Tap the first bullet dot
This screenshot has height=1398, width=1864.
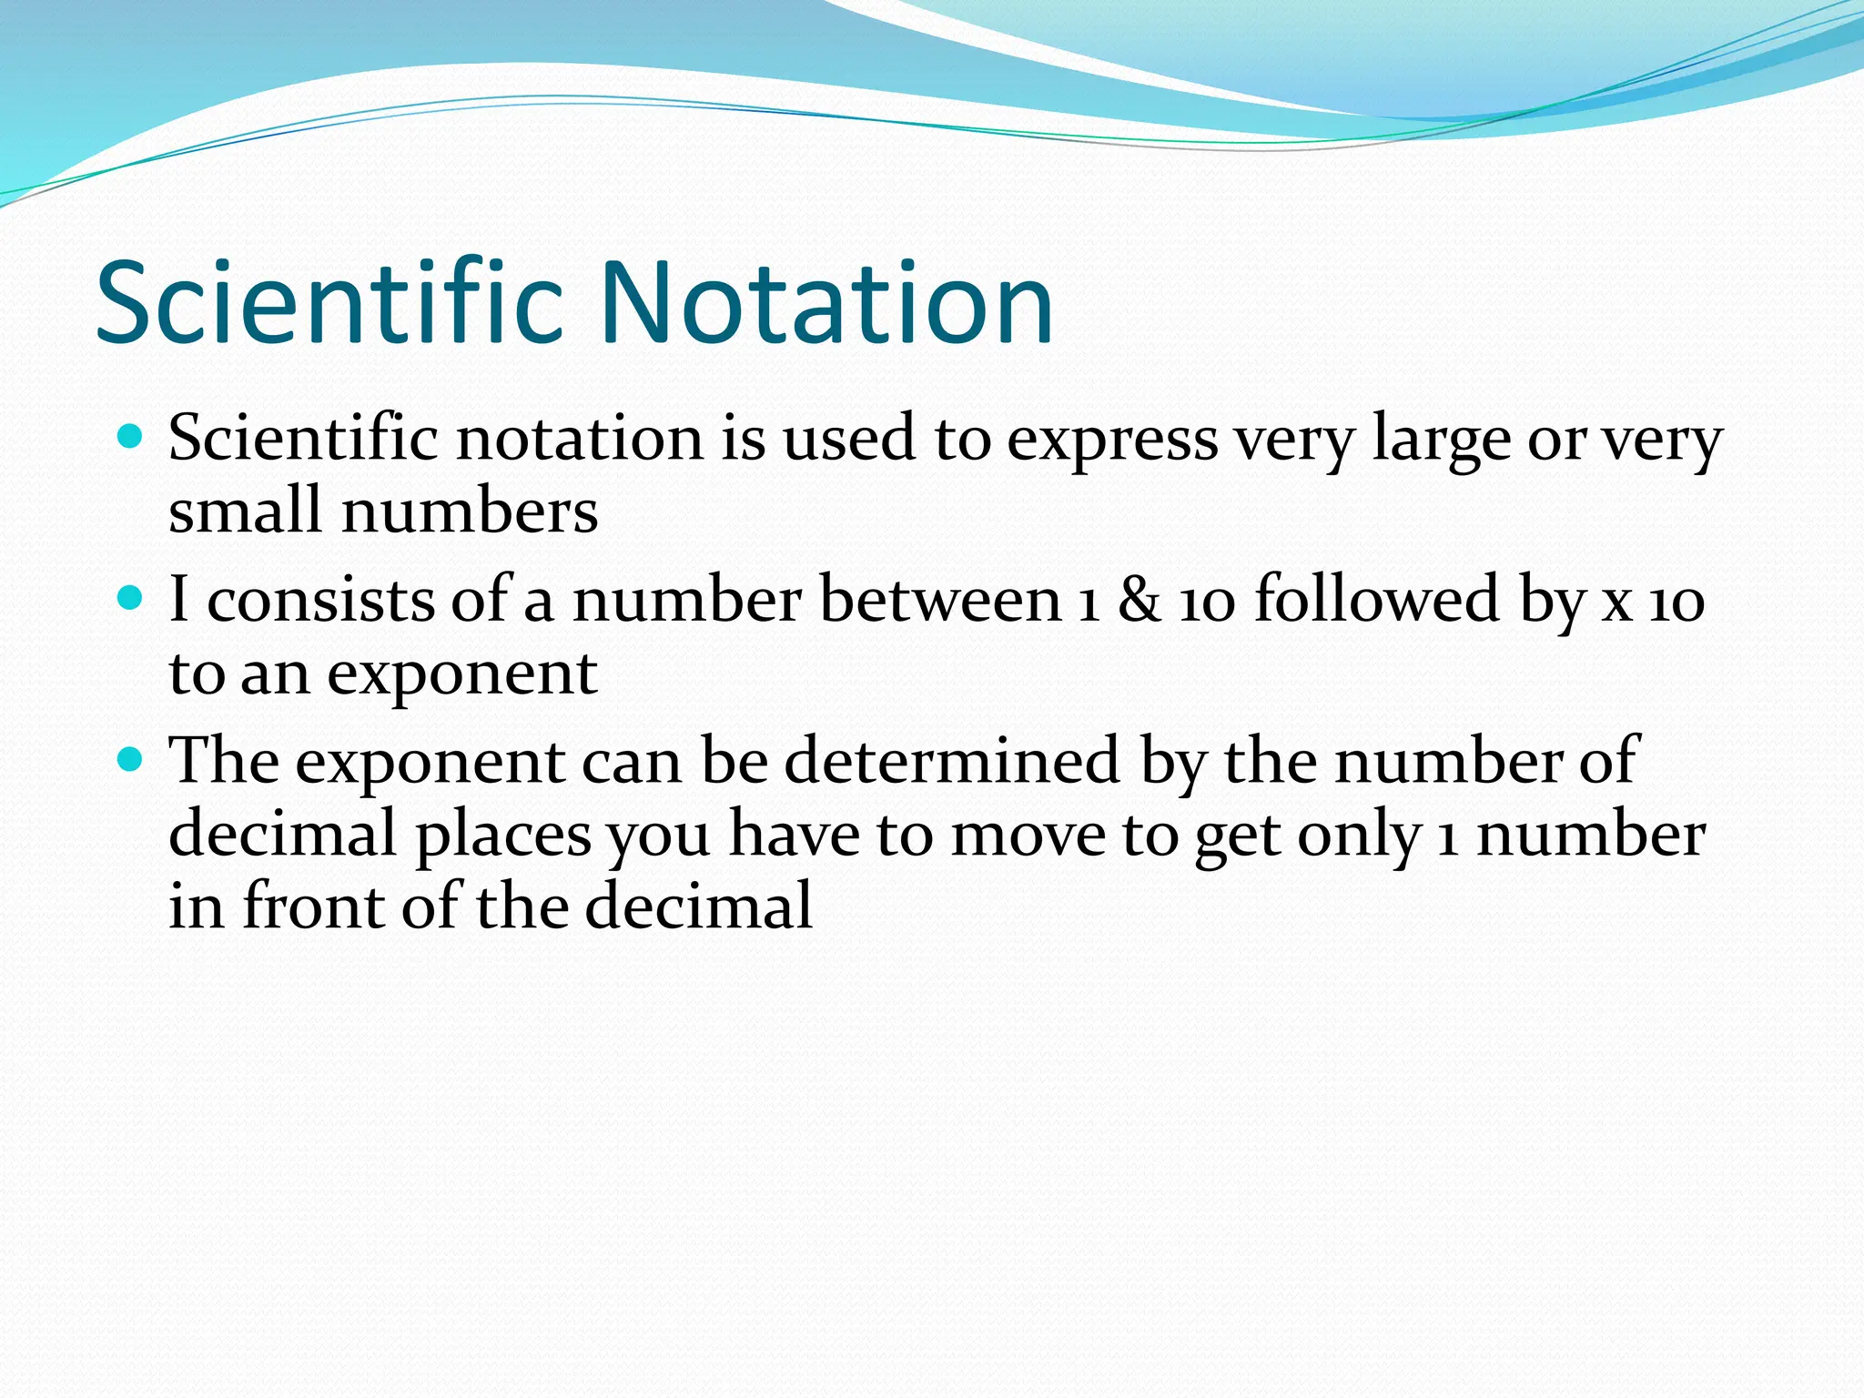point(131,437)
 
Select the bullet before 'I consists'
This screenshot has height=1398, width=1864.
point(131,598)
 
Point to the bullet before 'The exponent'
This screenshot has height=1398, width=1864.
point(131,758)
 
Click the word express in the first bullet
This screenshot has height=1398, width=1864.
point(1112,441)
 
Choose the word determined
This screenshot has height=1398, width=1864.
point(951,761)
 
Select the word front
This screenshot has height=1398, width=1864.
point(313,907)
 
